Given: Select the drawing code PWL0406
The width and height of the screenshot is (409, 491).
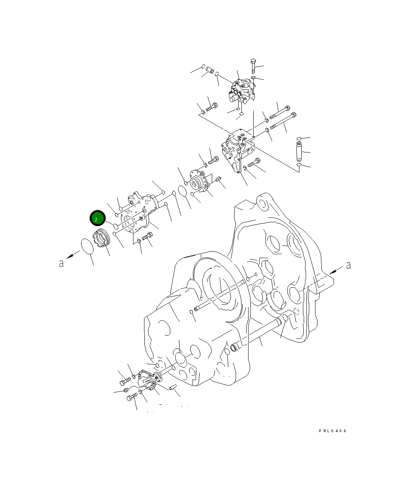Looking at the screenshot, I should [332, 431].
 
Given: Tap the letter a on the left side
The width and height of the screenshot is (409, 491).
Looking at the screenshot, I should [61, 264].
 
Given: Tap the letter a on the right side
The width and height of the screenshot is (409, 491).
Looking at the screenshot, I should [348, 266].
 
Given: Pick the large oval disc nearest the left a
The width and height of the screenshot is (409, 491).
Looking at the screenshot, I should [88, 246].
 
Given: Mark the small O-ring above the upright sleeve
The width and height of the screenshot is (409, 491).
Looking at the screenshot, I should [299, 138].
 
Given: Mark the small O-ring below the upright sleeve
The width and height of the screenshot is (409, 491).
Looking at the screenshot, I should [299, 165].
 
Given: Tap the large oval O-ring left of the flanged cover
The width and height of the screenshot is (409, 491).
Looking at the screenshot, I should [183, 191].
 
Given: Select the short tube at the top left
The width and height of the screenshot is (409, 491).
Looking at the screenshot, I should [210, 71].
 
